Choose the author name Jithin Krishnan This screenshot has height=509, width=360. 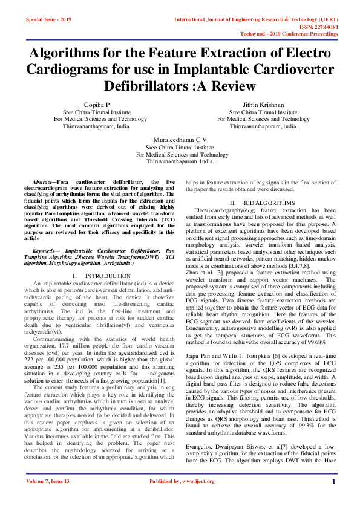pyautogui.click(x=263, y=105)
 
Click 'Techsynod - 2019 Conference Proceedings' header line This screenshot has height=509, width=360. pyautogui.click(x=298, y=34)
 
